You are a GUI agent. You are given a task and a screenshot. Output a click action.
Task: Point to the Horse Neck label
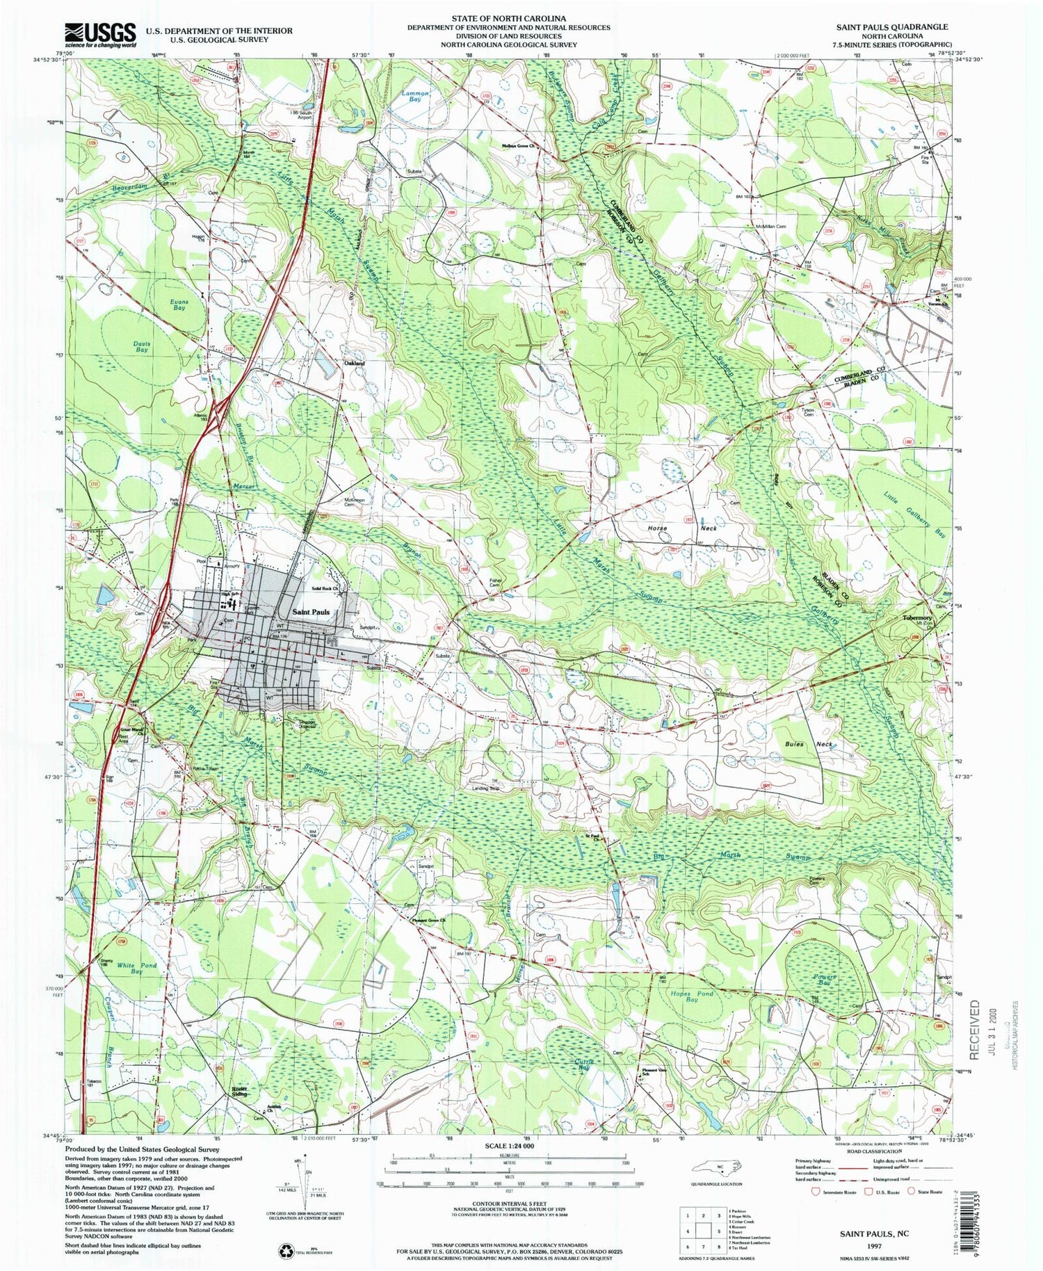[677, 528]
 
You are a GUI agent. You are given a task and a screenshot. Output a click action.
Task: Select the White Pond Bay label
[136, 969]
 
